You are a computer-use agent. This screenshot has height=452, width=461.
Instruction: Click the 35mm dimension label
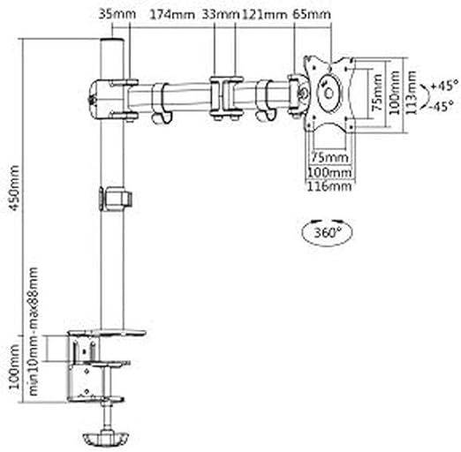(x=117, y=14)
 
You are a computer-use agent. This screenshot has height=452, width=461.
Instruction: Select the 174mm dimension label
(x=172, y=14)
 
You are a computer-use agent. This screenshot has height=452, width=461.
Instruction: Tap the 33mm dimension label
(x=221, y=14)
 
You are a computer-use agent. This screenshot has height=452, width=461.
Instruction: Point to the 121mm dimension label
(x=264, y=14)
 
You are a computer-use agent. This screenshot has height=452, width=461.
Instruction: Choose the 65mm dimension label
(x=312, y=14)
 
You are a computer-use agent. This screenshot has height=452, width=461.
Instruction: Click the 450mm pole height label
(x=14, y=188)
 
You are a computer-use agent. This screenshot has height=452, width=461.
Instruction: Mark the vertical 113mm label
(x=412, y=93)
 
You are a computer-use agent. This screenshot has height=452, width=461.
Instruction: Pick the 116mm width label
(x=329, y=186)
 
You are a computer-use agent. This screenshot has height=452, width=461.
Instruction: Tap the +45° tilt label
(x=444, y=86)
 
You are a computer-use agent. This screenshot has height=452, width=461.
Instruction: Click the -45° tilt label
(x=441, y=106)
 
